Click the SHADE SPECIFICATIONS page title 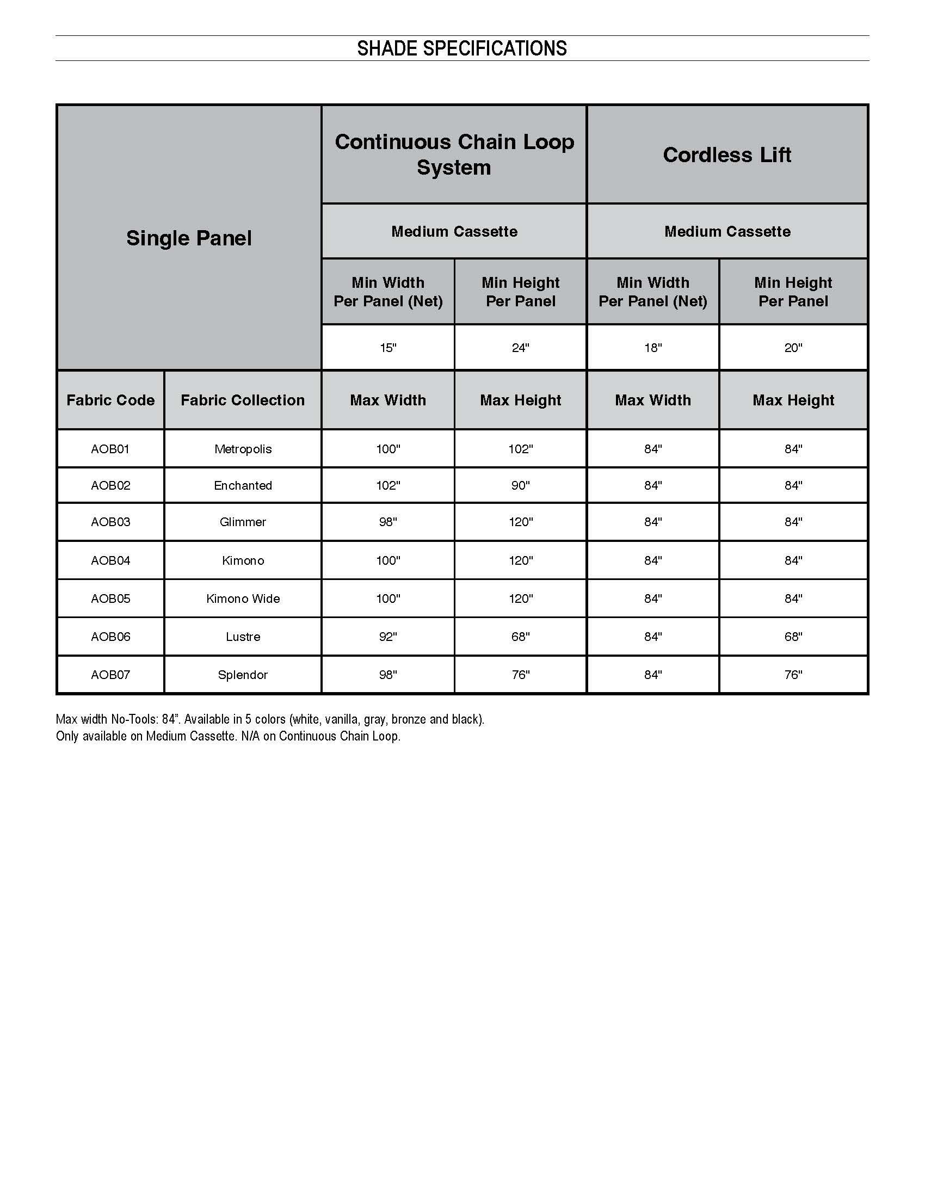(x=462, y=49)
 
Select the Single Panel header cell (x=189, y=238)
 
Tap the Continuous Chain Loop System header (x=454, y=155)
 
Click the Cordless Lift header (x=727, y=155)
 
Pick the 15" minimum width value (x=388, y=348)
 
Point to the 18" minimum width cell (x=652, y=348)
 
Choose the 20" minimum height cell (x=793, y=348)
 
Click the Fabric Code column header (x=110, y=400)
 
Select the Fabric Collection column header (x=243, y=400)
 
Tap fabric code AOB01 (x=110, y=449)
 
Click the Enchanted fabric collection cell (x=243, y=485)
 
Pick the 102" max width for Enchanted (x=388, y=485)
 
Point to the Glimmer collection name (x=243, y=522)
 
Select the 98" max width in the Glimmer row (x=388, y=522)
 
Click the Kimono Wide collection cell (x=243, y=598)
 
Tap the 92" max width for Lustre (x=388, y=637)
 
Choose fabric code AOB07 (x=110, y=675)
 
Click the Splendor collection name (x=243, y=675)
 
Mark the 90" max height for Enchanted (x=521, y=485)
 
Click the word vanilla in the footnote (x=341, y=719)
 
